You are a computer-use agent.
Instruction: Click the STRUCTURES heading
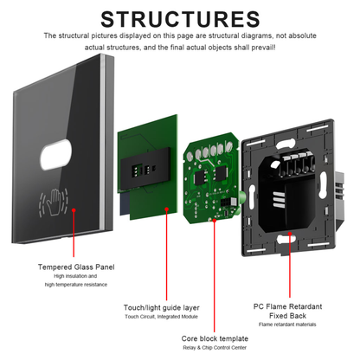[180, 19]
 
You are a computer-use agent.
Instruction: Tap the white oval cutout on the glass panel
[55, 154]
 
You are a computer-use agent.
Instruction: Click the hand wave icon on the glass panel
[54, 202]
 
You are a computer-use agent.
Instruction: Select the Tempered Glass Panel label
[76, 267]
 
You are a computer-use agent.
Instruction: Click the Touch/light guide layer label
[162, 307]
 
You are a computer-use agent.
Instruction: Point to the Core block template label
[215, 338]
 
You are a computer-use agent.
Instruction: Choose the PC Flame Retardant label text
[287, 306]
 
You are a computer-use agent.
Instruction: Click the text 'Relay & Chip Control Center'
[215, 348]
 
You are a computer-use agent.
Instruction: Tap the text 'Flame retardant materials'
[287, 325]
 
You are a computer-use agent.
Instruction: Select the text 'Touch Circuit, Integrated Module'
[162, 317]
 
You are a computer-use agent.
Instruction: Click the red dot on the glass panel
[74, 210]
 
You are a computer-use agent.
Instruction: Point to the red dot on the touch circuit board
[166, 209]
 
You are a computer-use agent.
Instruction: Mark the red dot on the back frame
[290, 234]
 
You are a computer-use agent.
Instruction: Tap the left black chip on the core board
[199, 177]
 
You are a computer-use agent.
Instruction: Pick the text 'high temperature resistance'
[76, 285]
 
